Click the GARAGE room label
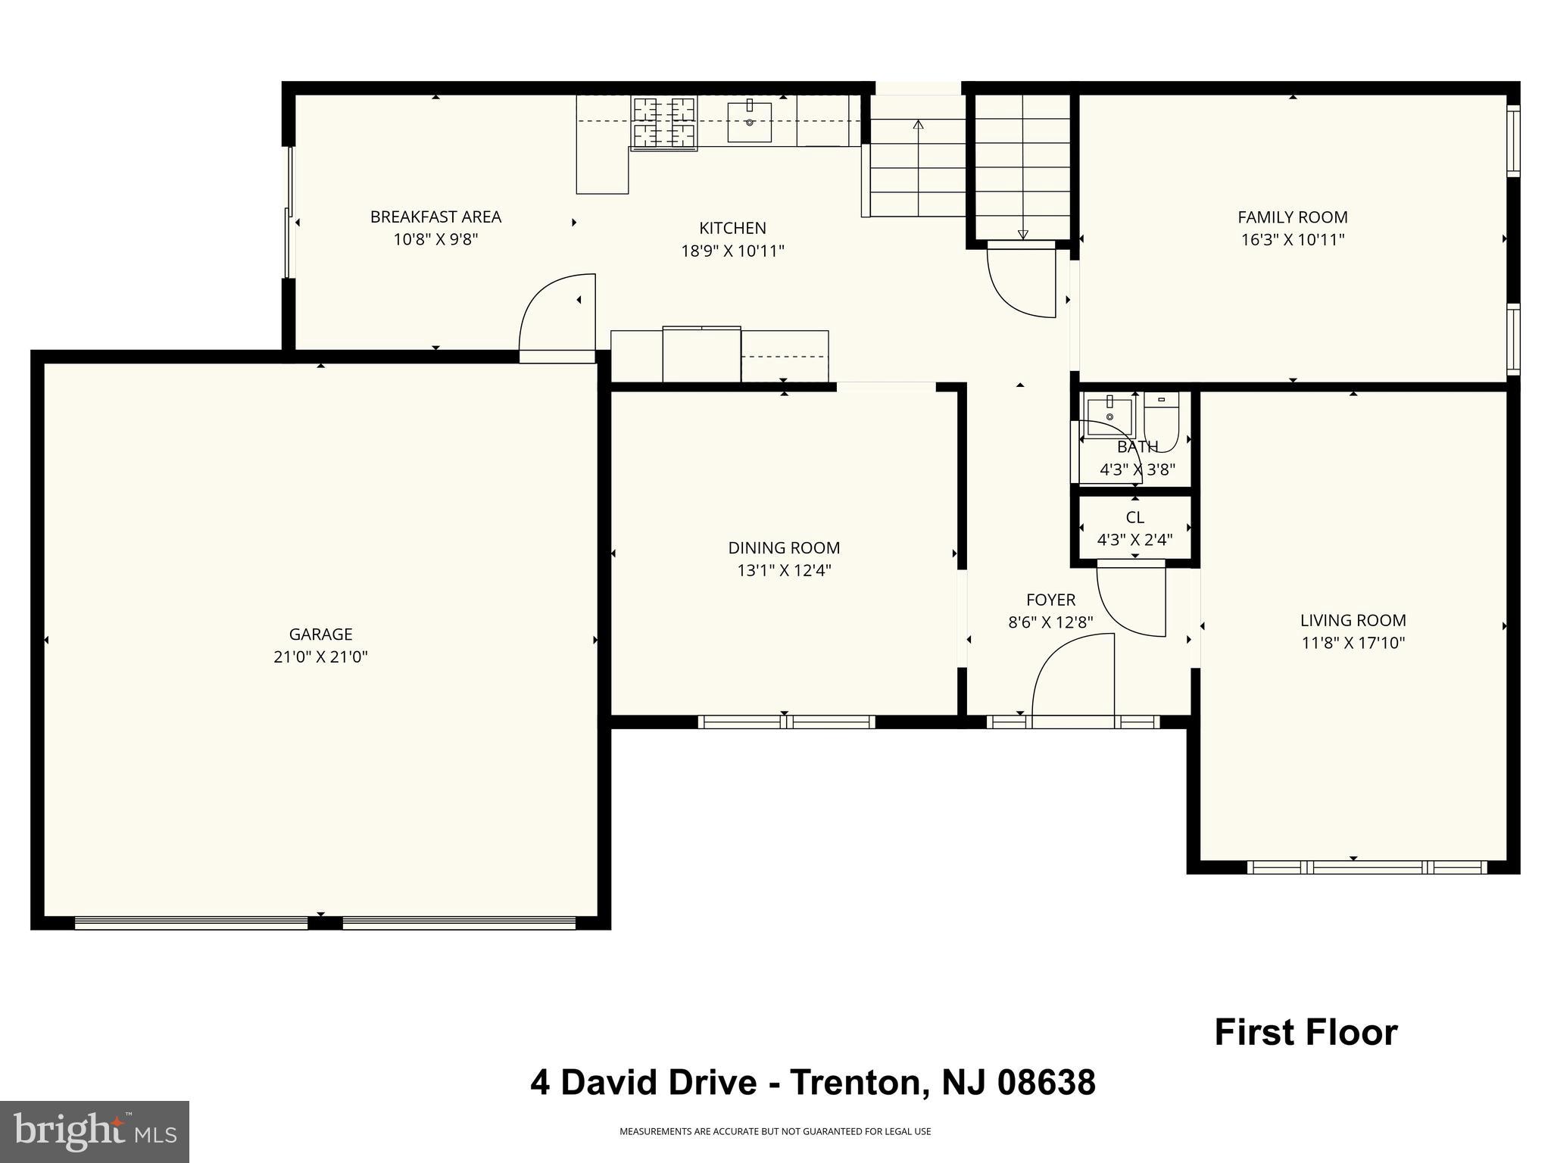pyautogui.click(x=320, y=635)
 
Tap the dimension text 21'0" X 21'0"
pyautogui.click(x=320, y=657)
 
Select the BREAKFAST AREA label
pyautogui.click(x=435, y=217)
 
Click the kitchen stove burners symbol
pyautogui.click(x=664, y=122)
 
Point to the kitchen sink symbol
pyautogui.click(x=749, y=121)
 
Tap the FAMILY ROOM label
pyautogui.click(x=1292, y=217)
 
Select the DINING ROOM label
pyautogui.click(x=784, y=548)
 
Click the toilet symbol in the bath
pyautogui.click(x=1161, y=420)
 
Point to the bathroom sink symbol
pyautogui.click(x=1109, y=416)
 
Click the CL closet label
pyautogui.click(x=1134, y=518)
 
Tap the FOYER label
pyautogui.click(x=1050, y=600)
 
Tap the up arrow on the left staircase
pyautogui.click(x=919, y=125)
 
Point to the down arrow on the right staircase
pyautogui.click(x=1022, y=234)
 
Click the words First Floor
pyautogui.click(x=1306, y=1033)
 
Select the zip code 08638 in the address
pyautogui.click(x=1046, y=1083)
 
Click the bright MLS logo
pyautogui.click(x=95, y=1131)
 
